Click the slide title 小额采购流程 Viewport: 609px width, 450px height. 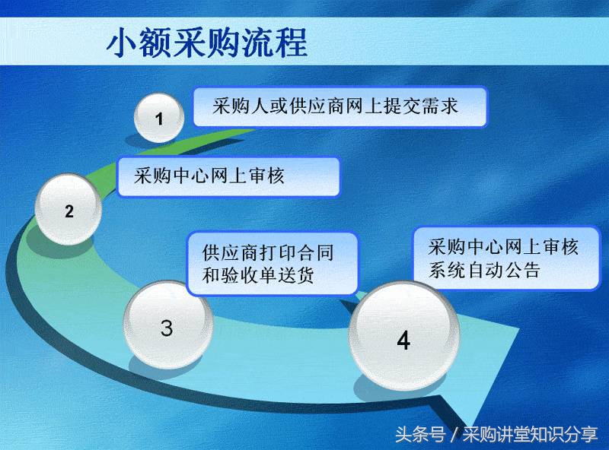[x=207, y=43]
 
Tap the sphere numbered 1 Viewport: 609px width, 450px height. [x=159, y=119]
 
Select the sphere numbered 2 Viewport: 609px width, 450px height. [x=69, y=211]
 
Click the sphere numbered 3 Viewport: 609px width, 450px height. [x=167, y=328]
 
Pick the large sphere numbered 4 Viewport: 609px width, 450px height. [x=403, y=340]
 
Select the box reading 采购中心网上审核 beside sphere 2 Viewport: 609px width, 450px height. [x=228, y=177]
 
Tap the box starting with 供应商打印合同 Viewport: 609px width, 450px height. [x=272, y=263]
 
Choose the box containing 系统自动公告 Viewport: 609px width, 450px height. [x=505, y=258]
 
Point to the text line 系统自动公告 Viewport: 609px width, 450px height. [x=484, y=270]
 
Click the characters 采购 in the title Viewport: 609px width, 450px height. [x=206, y=43]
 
